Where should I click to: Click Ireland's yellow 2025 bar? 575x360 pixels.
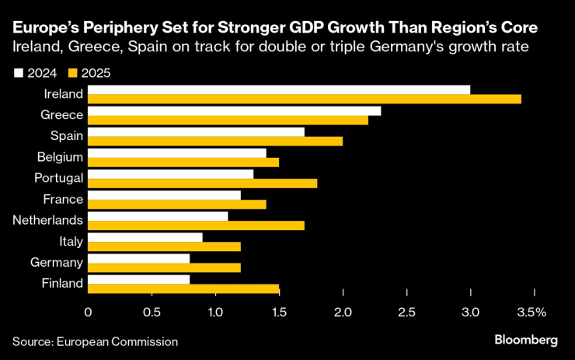tap(304, 99)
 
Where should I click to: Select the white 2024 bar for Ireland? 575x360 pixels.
tap(279, 89)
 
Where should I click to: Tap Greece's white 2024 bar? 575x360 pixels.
tap(234, 110)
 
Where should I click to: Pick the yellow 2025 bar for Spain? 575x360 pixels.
tap(215, 141)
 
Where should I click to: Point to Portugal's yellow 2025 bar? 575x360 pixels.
tap(202, 183)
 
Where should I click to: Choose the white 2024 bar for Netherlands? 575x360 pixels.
tap(158, 215)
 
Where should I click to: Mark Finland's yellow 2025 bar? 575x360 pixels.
tap(183, 288)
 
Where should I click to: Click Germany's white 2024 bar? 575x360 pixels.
tap(138, 257)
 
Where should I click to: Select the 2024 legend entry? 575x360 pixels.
tap(32, 73)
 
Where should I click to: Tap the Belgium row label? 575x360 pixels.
tap(60, 157)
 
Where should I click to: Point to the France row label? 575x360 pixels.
tap(64, 199)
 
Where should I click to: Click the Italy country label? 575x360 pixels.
tap(70, 241)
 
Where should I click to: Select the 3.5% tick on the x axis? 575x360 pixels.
tap(533, 312)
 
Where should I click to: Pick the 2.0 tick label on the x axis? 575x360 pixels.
tap(343, 312)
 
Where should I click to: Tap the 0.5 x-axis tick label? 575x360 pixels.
tap(152, 312)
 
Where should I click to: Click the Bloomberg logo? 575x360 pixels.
tap(526, 341)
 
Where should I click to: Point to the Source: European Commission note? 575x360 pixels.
tap(95, 341)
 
